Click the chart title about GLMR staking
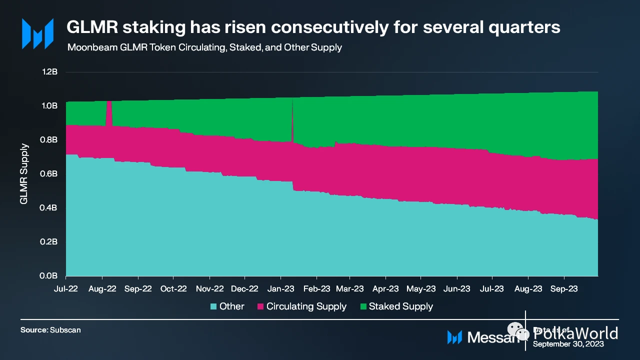(313, 27)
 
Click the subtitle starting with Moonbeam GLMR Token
(204, 47)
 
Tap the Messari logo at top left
(37, 33)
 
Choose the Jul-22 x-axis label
(66, 288)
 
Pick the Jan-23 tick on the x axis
(280, 288)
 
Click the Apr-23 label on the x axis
(385, 288)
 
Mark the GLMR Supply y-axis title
(23, 174)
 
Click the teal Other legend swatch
(213, 306)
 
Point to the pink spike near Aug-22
(109, 112)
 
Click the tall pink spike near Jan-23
(292, 120)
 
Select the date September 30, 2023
(568, 344)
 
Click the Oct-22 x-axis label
(173, 288)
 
